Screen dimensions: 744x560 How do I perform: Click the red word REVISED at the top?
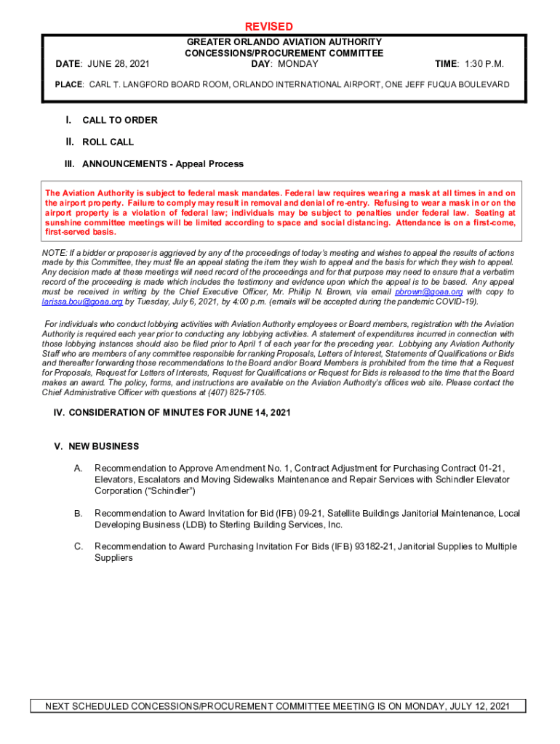point(269,27)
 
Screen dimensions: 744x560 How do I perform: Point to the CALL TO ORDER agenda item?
point(119,121)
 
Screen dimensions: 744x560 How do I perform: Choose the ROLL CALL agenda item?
point(108,142)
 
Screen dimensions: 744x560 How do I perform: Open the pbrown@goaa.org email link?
point(428,292)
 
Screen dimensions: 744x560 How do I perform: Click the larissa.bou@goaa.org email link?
point(82,302)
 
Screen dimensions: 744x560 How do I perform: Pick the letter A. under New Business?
point(78,469)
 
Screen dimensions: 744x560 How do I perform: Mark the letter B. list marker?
point(78,514)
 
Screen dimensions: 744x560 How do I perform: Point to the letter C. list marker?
point(78,546)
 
